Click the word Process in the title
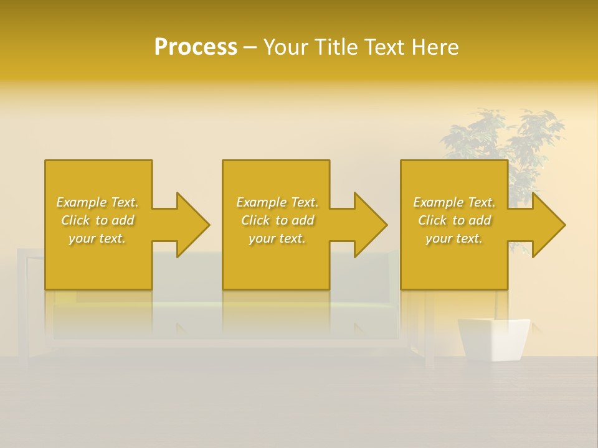coord(196,47)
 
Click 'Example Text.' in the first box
coord(97,202)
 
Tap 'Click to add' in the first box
coord(97,220)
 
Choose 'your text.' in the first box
coord(97,238)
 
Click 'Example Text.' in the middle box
coord(277,202)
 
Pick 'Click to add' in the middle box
coord(277,220)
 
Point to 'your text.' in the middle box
coord(277,238)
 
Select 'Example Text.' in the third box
coord(453,202)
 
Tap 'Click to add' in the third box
coord(453,220)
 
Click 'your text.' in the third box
coord(453,238)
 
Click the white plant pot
coord(493,339)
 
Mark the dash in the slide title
coord(250,48)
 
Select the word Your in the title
coord(283,47)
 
